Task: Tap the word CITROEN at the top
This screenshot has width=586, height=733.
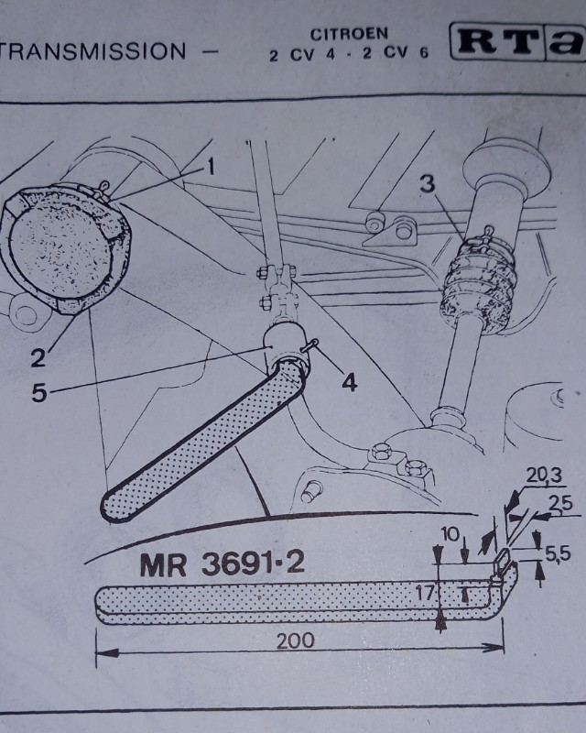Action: (x=348, y=34)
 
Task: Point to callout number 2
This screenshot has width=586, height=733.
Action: (x=38, y=358)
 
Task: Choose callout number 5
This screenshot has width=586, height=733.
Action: (x=38, y=393)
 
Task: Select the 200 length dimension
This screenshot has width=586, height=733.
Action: (x=295, y=640)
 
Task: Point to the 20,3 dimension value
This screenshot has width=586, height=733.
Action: (x=545, y=474)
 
